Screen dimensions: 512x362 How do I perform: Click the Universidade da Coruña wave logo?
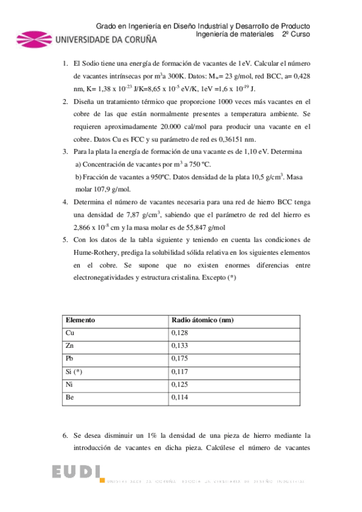[34, 40]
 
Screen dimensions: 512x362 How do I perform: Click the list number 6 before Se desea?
[65, 435]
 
